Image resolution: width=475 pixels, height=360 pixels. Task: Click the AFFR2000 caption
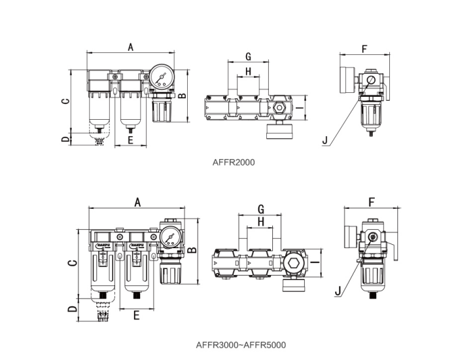click(x=234, y=162)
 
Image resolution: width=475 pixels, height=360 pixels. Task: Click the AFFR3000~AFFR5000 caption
click(x=241, y=344)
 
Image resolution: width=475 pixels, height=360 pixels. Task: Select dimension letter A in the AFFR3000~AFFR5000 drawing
click(x=137, y=202)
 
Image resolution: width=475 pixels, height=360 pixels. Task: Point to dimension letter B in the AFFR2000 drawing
click(x=183, y=96)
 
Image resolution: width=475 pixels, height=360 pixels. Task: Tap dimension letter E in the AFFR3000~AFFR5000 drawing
click(x=136, y=315)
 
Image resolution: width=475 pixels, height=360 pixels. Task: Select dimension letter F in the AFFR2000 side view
click(x=364, y=48)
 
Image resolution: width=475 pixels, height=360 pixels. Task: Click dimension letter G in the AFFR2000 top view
click(x=248, y=56)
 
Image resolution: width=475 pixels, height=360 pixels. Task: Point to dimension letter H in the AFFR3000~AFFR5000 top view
click(x=261, y=223)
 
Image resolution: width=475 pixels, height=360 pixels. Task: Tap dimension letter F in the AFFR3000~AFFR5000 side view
click(x=371, y=202)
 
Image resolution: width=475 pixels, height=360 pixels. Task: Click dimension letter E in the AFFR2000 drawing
click(x=130, y=140)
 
